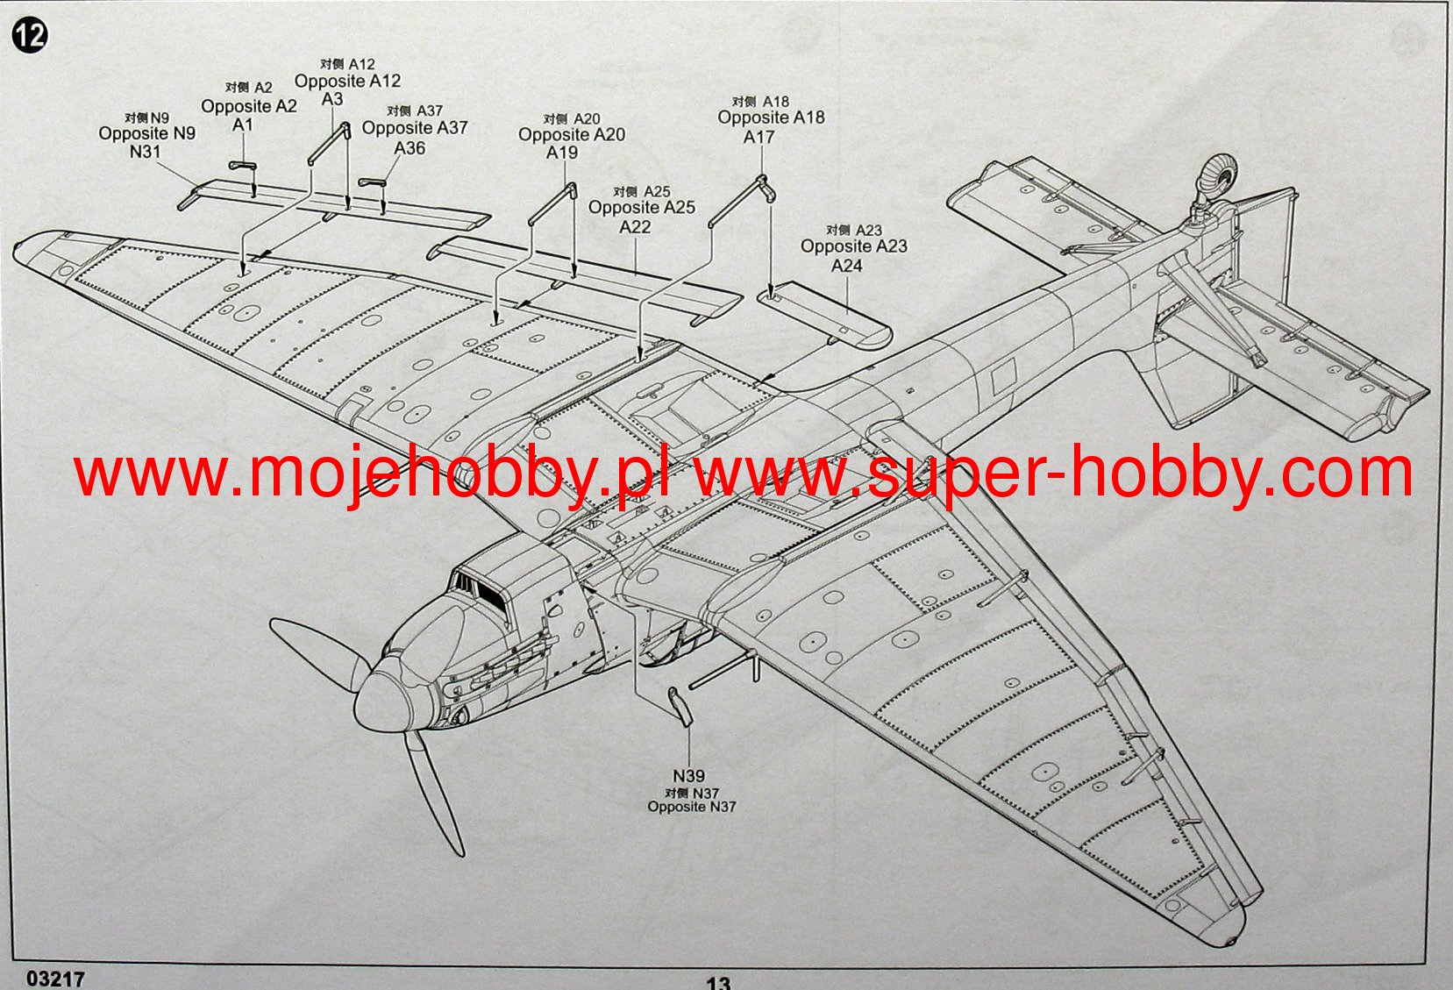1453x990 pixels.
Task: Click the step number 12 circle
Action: [x=30, y=35]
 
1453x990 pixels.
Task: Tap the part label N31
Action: [x=146, y=152]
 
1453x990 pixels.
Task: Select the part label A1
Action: [x=242, y=125]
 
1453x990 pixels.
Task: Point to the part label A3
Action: [x=332, y=100]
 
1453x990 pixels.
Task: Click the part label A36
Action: [x=410, y=148]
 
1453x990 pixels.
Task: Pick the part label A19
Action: [x=562, y=153]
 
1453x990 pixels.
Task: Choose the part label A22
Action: [x=635, y=227]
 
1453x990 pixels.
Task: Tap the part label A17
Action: [x=759, y=138]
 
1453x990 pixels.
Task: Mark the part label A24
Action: [x=846, y=266]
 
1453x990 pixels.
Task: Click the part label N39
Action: [x=689, y=776]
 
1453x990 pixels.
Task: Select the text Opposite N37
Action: [x=692, y=807]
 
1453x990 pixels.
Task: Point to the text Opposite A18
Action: [x=771, y=118]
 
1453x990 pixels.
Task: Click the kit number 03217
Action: [x=56, y=978]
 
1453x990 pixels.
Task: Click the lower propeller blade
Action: [x=434, y=798]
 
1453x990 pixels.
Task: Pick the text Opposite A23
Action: [x=853, y=247]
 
